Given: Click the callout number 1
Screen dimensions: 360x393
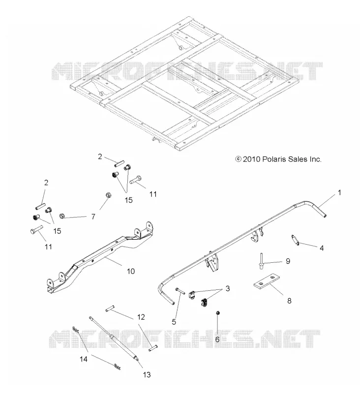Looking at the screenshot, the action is (339, 193).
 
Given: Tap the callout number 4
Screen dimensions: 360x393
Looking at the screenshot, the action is (322, 248).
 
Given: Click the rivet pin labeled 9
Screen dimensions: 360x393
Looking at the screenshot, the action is (261, 261).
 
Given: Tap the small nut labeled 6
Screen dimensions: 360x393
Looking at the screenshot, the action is (218, 313).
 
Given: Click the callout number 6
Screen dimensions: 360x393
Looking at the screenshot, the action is (217, 339).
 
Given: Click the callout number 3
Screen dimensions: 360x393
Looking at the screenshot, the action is (228, 288).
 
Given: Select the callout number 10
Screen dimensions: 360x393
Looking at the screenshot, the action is (131, 271).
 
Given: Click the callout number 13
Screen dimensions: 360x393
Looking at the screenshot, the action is (147, 375).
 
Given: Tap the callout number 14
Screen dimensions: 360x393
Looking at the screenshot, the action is (84, 359).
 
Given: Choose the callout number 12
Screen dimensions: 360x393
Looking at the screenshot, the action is (141, 317).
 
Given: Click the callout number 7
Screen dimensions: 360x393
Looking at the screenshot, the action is (93, 217).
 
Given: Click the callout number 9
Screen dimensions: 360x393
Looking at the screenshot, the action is (288, 261).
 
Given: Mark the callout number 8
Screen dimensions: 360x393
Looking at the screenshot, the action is (289, 301).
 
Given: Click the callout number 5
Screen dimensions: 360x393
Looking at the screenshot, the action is (174, 322).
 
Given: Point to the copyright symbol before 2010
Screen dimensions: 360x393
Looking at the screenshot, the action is (238, 159).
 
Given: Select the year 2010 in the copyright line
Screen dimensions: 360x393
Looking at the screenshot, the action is (252, 159).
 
